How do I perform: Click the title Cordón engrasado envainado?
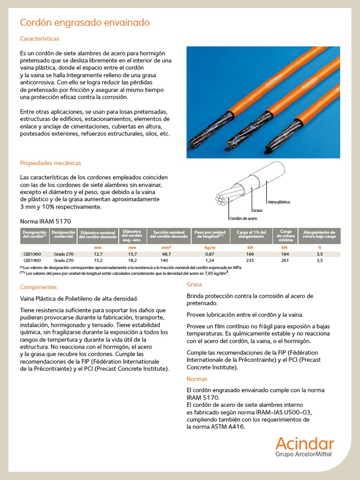pyautogui.click(x=85, y=22)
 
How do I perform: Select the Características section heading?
pyautogui.click(x=39, y=38)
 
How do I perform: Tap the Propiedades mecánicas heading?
pyautogui.click(x=51, y=163)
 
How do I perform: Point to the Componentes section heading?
pyautogui.click(x=38, y=287)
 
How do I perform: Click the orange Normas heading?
pyautogui.click(x=197, y=379)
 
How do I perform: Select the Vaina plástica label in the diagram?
pyautogui.click(x=278, y=202)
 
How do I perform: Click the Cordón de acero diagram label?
pyautogui.click(x=243, y=219)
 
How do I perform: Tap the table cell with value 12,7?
pyautogui.click(x=98, y=254)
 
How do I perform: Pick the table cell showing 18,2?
pyautogui.click(x=132, y=260)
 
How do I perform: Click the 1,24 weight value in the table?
pyautogui.click(x=210, y=260)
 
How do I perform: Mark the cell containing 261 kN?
pyautogui.click(x=284, y=260)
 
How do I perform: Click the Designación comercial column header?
pyautogui.click(x=63, y=234)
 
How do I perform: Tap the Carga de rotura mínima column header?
pyautogui.click(x=285, y=234)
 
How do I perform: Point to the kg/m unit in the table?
pyautogui.click(x=210, y=247)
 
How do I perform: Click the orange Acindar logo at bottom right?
pyautogui.click(x=305, y=443)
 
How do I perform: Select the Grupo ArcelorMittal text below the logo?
pyautogui.click(x=305, y=454)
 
